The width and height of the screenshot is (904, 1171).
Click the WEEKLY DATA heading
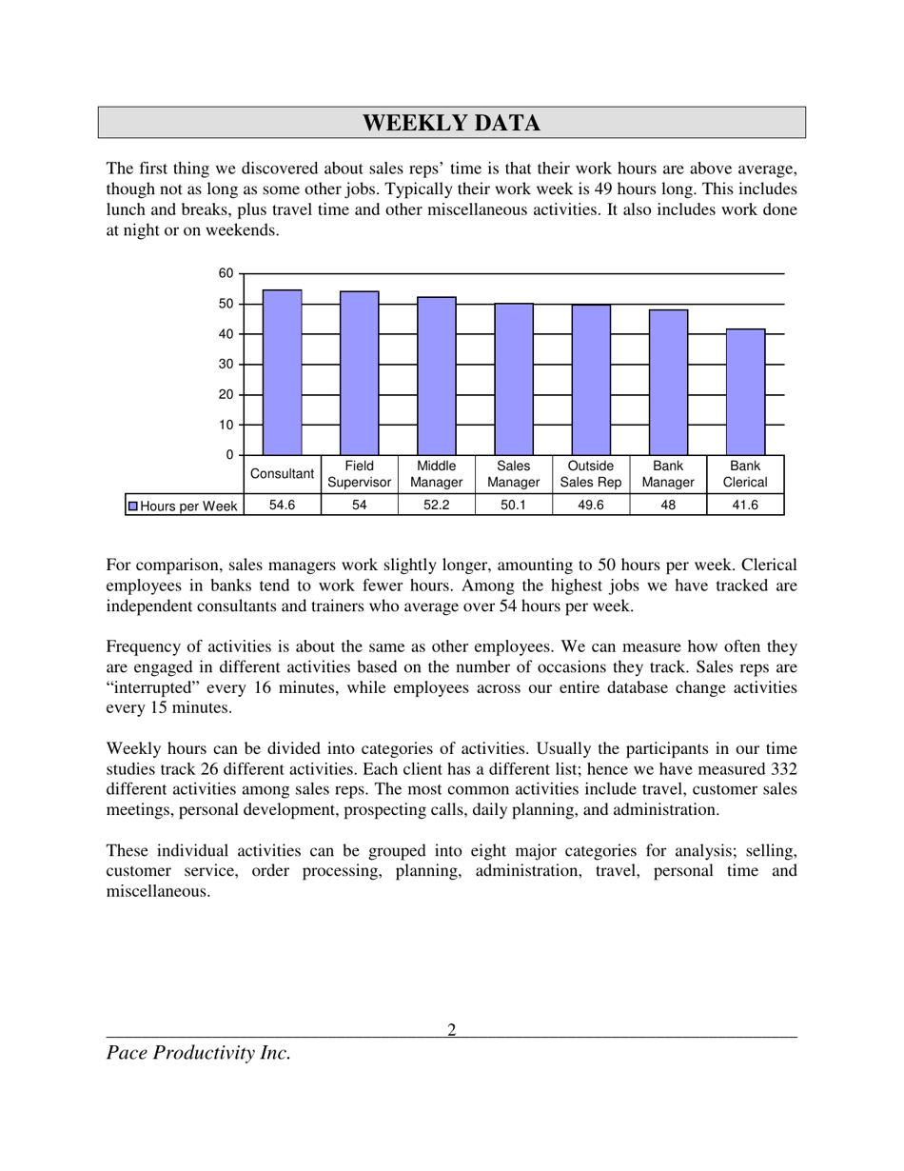pos(452,123)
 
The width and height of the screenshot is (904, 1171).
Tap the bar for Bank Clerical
pos(745,392)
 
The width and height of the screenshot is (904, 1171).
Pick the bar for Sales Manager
pos(514,379)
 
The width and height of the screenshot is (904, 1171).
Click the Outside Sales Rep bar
pos(591,380)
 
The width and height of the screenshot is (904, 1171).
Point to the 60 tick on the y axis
pos(226,273)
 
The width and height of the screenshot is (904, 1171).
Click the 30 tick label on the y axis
pos(226,365)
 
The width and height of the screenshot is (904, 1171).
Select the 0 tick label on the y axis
pos(229,455)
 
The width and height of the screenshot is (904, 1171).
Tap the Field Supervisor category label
pos(360,474)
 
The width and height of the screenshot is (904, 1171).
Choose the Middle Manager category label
pos(437,474)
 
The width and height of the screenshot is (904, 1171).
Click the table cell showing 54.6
pos(282,506)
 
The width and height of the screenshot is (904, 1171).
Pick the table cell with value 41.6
pos(745,506)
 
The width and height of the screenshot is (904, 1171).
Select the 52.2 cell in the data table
pos(436,506)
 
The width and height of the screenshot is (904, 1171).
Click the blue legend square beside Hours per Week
pos(133,506)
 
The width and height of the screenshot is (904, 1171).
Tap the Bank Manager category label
pos(668,474)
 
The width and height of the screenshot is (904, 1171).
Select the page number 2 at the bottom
pos(452,1029)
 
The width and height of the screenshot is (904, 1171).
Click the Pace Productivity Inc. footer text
pos(198,1053)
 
